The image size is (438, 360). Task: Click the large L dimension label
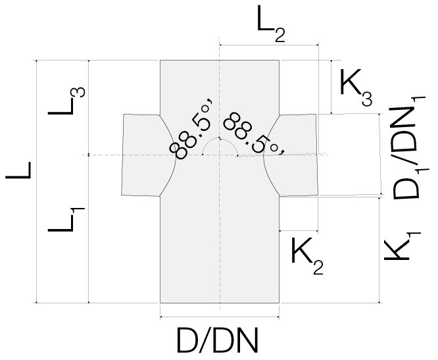(19, 176)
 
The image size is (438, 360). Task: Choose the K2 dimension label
(306, 257)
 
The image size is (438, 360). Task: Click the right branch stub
(296, 155)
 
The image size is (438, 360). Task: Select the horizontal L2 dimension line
(268, 45)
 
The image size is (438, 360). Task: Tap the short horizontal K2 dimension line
(299, 231)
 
